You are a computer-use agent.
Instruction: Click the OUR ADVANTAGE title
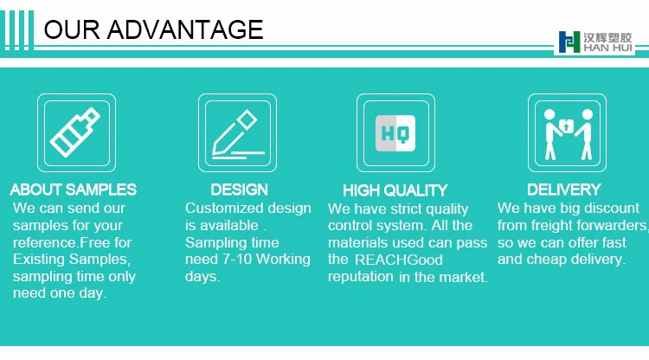coord(153,29)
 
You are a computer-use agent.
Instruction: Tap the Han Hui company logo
coord(595,42)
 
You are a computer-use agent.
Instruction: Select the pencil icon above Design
coord(238,134)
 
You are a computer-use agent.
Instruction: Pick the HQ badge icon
coord(395,132)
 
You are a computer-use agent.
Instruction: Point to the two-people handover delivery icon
coord(567,134)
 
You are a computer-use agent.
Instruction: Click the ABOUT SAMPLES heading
coord(74,190)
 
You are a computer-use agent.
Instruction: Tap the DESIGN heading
coord(239,190)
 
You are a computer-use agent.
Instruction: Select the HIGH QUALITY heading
coord(395,190)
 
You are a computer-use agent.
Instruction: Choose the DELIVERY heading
coord(563,190)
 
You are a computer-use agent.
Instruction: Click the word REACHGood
coord(399,260)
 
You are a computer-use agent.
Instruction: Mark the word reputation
coord(361,276)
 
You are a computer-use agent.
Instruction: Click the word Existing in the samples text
coord(39,260)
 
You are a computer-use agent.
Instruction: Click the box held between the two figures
coord(566,125)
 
